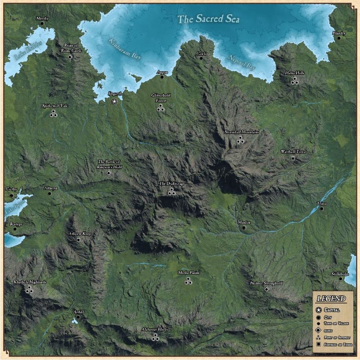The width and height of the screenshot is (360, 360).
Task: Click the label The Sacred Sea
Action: coord(208,19)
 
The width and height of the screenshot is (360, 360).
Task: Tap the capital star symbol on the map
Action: coord(114,102)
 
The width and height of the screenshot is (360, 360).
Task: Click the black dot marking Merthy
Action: coord(42,25)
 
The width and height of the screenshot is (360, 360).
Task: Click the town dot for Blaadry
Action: coord(339,39)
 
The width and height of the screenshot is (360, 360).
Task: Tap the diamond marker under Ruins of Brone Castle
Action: coord(70,58)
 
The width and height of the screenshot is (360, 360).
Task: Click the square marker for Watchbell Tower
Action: coord(293,158)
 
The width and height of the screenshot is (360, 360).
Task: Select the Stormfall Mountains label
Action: coord(242,132)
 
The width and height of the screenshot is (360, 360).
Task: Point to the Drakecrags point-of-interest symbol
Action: coord(171,191)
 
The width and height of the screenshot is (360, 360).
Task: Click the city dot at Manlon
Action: coord(243,228)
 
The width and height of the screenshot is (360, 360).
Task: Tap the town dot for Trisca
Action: coord(321,209)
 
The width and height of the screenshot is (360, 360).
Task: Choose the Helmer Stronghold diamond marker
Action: coord(266,289)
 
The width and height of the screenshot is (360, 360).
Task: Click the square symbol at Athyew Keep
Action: coord(79,239)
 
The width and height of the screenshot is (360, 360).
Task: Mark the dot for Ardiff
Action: coord(78,317)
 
